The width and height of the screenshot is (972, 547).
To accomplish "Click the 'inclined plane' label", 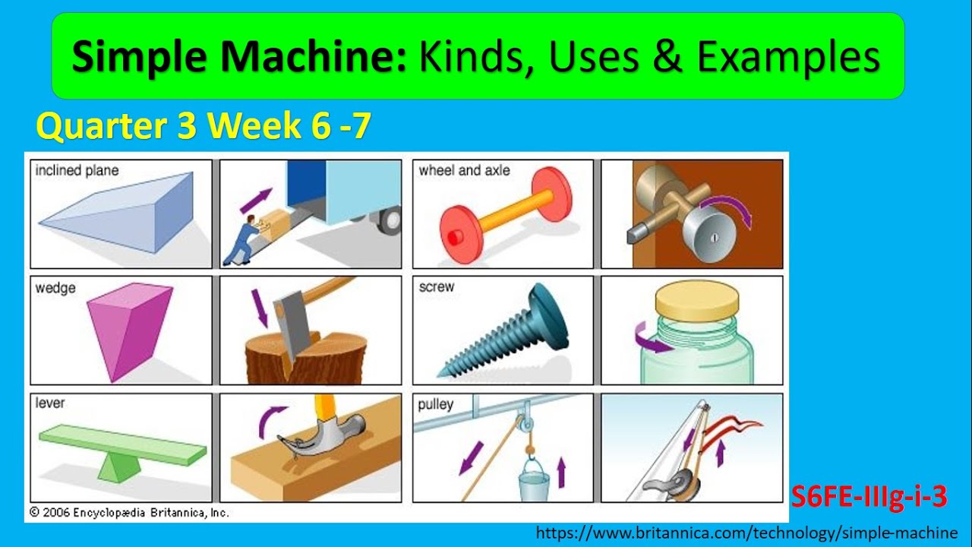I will click(77, 171).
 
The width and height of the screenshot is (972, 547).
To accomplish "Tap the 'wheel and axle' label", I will click(464, 171).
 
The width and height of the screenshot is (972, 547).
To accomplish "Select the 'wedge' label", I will click(55, 289).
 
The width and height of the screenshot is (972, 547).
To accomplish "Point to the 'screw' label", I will click(437, 287).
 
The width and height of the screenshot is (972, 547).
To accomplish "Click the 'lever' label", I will click(50, 403).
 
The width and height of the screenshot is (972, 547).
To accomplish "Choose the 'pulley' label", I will click(435, 405).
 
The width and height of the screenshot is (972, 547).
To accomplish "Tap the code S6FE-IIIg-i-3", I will click(869, 497).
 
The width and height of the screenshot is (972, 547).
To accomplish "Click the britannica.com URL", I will click(747, 533).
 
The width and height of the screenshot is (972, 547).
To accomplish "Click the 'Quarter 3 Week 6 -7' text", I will click(204, 126).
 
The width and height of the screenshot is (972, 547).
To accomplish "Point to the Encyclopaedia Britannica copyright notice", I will click(129, 513).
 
